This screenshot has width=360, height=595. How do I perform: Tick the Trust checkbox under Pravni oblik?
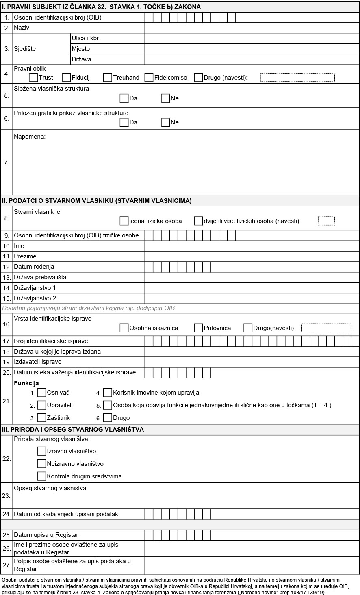34,77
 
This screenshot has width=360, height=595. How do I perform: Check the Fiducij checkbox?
66,77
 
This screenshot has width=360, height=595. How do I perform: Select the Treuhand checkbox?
108,77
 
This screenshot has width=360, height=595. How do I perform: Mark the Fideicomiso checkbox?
149,77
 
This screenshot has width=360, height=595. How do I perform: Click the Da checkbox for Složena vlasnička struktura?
124,98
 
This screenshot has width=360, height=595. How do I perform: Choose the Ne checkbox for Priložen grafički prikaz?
165,122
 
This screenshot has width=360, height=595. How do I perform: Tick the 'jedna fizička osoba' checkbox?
124,221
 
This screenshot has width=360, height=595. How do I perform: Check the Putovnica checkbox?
198,328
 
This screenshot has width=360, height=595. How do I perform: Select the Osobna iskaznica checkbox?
124,328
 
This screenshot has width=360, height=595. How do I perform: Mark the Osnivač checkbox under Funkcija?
41,393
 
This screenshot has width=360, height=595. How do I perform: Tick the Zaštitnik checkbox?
41,417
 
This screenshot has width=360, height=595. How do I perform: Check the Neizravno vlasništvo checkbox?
41,463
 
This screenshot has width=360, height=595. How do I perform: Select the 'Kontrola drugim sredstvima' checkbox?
41,476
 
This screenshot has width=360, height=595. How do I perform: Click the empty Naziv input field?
252,28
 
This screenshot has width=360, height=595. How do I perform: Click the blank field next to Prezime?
252,256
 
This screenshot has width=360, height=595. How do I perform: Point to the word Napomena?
30,137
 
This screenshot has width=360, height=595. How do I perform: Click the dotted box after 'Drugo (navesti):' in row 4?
297,77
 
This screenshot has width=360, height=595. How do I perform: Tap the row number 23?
7,495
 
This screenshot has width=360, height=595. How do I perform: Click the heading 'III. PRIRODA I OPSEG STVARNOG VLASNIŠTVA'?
73,429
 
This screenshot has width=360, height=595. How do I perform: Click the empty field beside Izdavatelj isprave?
252,362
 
